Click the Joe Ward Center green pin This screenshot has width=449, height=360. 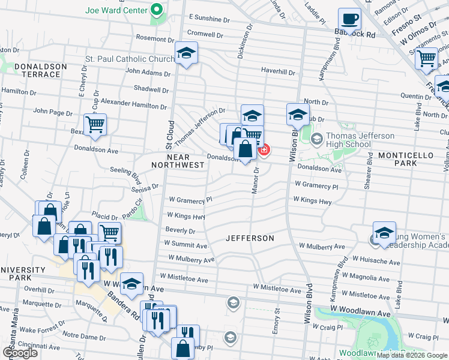tap(157, 10)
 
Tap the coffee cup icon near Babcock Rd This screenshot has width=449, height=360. tap(349, 18)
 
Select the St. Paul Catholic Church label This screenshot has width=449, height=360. tap(129, 59)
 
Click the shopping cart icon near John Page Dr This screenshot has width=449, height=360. tap(95, 125)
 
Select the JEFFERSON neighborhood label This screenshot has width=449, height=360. tap(250, 238)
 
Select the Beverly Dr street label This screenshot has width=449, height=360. tap(181, 230)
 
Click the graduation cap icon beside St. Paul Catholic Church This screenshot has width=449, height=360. tap(186, 54)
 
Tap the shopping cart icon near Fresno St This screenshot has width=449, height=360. tap(426, 58)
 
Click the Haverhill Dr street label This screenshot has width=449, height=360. tap(279, 72)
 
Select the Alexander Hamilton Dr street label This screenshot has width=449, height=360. tap(133, 104)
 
